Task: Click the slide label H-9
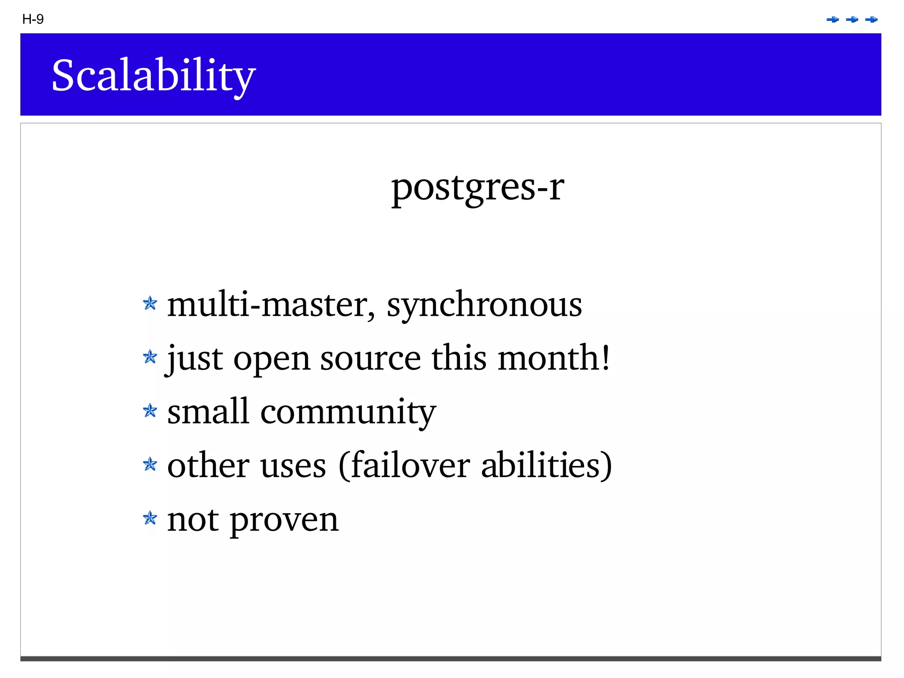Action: [x=33, y=19]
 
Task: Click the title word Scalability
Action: [x=153, y=75]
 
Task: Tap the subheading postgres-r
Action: [x=478, y=187]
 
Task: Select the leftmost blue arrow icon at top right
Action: [x=832, y=19]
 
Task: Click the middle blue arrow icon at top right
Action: [x=852, y=19]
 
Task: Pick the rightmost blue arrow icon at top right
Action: [x=871, y=19]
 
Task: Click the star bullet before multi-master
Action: [x=150, y=303]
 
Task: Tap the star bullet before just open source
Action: [x=150, y=357]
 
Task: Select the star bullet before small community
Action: [x=150, y=411]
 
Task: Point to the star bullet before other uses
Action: [x=150, y=465]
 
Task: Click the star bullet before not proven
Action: [x=150, y=519]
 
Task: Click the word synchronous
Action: [x=484, y=306]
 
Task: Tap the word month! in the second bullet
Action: [x=554, y=358]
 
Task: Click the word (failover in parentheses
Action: [x=404, y=466]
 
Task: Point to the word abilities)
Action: [x=546, y=466]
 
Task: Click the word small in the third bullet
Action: [x=208, y=412]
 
